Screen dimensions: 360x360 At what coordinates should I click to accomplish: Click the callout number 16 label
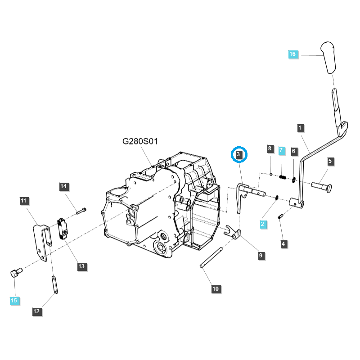(x=292, y=54)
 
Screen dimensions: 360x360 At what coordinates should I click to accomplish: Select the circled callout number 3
(x=239, y=155)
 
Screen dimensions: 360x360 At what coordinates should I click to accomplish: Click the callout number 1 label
(x=300, y=128)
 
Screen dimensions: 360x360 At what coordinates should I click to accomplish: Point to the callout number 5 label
(x=330, y=161)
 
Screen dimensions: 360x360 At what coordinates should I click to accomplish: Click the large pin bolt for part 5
(x=321, y=185)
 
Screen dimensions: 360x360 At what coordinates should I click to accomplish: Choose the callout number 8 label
(x=270, y=148)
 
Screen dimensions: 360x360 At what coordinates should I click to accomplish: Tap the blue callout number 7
(x=282, y=149)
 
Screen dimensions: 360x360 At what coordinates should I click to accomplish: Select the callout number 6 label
(x=293, y=151)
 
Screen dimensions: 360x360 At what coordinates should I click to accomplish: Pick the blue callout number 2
(x=262, y=223)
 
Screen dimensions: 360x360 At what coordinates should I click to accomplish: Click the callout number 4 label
(x=283, y=244)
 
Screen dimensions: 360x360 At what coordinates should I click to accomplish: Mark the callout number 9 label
(x=261, y=256)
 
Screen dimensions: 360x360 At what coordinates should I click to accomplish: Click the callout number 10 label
(x=216, y=288)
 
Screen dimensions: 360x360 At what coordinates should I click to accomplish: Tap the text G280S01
(x=140, y=141)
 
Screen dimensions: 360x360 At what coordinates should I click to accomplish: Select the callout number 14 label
(x=63, y=186)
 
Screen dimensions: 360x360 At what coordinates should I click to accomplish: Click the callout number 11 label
(x=24, y=201)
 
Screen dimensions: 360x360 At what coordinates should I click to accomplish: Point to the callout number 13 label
(x=81, y=266)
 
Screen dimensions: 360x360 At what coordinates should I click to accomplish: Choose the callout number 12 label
(x=36, y=310)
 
